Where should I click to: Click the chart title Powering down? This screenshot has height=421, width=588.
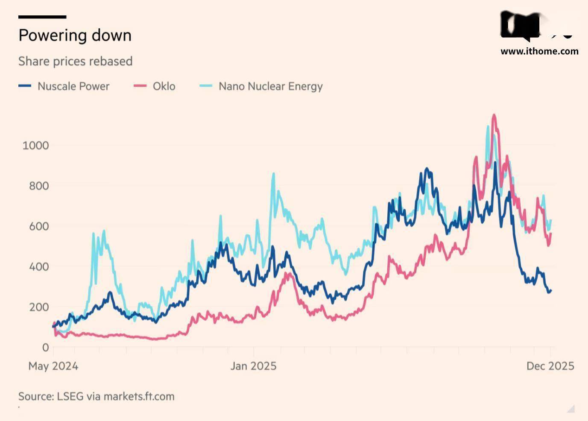click(75, 35)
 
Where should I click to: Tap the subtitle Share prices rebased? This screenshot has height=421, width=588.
click(75, 61)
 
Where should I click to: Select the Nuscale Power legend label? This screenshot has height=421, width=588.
click(73, 86)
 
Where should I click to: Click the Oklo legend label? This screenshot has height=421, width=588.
click(164, 86)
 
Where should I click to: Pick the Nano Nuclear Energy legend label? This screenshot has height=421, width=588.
click(270, 86)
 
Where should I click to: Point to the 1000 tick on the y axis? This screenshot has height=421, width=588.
click(35, 145)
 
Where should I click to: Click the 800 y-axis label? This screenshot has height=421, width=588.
click(38, 186)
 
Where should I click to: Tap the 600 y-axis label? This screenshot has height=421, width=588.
click(38, 226)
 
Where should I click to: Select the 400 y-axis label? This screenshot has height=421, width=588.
click(38, 266)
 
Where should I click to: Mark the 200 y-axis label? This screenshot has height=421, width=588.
click(38, 307)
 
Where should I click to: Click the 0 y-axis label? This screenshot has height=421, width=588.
click(45, 347)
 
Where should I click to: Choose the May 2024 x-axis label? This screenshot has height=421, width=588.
click(53, 366)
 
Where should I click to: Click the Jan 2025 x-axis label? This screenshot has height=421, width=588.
click(253, 366)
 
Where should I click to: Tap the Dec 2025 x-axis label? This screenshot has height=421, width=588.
click(550, 366)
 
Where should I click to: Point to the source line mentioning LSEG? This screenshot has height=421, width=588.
click(96, 396)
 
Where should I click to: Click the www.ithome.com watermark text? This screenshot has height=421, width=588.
click(539, 51)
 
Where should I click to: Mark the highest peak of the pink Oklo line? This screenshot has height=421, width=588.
click(494, 115)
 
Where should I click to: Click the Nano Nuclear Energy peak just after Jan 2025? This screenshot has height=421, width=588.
click(273, 174)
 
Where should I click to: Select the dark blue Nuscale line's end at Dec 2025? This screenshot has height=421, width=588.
click(550, 291)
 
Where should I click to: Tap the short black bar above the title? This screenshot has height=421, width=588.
click(42, 17)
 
